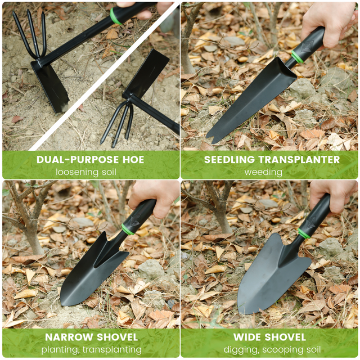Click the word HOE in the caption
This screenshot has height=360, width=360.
point(133,160)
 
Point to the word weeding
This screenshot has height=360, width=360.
point(263,172)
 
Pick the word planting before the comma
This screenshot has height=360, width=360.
point(60,350)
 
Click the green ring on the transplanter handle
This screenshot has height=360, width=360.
point(298,57)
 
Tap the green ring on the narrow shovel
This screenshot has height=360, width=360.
point(128,229)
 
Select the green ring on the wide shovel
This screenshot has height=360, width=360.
point(304,233)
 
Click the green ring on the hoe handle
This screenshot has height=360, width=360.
point(115,16)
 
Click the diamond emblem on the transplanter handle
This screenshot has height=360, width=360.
point(307,48)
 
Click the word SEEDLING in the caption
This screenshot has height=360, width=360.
point(229,160)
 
